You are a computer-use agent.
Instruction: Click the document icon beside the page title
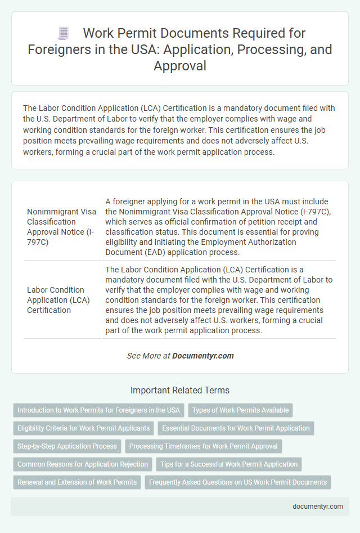(x=64, y=33)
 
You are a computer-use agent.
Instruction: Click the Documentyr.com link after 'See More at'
(x=202, y=356)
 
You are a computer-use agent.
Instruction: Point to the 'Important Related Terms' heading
(x=180, y=390)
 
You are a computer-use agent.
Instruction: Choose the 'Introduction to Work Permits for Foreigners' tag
(x=98, y=410)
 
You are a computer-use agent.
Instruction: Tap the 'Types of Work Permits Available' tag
(x=241, y=410)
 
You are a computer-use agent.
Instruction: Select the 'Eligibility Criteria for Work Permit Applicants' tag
(x=84, y=428)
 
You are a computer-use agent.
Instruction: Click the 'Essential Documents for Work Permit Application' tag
(x=236, y=428)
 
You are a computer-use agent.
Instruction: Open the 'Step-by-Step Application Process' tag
(x=67, y=446)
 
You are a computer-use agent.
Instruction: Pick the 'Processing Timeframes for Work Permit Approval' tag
(x=203, y=446)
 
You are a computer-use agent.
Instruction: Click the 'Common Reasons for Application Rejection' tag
(x=83, y=464)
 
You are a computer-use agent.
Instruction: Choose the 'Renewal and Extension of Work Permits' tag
(x=77, y=482)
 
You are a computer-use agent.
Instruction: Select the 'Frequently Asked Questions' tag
(x=237, y=482)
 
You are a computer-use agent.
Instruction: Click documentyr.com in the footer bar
(x=318, y=506)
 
